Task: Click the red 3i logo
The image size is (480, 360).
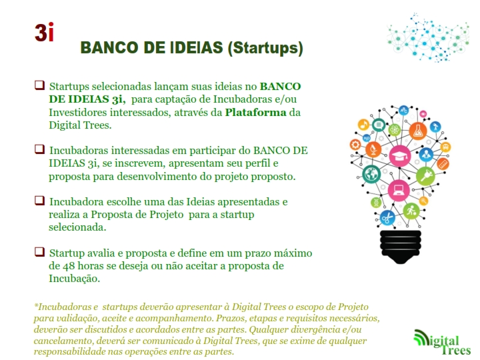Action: tap(44, 32)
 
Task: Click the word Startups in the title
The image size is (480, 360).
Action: tap(265, 48)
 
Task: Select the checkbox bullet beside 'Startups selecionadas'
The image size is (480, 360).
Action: tap(39, 85)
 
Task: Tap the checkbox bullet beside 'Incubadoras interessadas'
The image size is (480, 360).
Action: tap(39, 149)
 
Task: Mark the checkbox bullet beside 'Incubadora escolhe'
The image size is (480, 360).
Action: tap(39, 201)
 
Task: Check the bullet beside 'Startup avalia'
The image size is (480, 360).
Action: tap(39, 252)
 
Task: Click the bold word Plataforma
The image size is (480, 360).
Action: tap(255, 113)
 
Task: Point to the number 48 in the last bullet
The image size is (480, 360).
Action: tap(69, 266)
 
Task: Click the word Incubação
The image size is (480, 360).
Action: tap(74, 279)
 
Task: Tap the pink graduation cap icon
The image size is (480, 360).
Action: tap(400, 156)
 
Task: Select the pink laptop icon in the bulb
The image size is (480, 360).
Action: tap(399, 191)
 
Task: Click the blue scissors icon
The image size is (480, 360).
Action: tap(387, 218)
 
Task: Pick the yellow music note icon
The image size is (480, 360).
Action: tap(364, 125)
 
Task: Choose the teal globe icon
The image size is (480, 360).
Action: tap(371, 174)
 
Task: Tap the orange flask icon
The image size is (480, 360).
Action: tap(418, 131)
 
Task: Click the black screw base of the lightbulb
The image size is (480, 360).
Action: tap(401, 247)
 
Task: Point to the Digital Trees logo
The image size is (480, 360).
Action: tap(442, 342)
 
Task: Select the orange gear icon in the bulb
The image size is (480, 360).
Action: tap(355, 144)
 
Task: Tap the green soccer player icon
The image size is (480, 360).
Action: tap(411, 211)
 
